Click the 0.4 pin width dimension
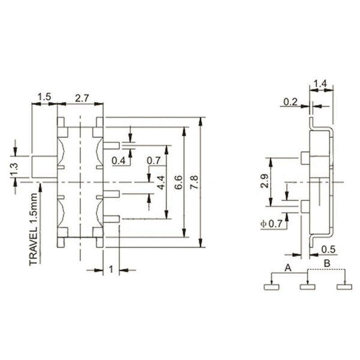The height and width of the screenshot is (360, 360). [x=119, y=160]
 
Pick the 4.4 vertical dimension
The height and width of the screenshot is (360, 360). [x=160, y=182]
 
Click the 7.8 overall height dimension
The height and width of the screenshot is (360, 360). [x=193, y=182]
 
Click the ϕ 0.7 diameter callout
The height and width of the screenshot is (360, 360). [x=271, y=224]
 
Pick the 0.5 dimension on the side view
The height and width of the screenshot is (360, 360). [x=329, y=249]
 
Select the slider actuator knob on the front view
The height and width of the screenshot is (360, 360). [x=44, y=166]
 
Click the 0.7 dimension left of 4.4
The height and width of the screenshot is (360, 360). [x=153, y=160]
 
